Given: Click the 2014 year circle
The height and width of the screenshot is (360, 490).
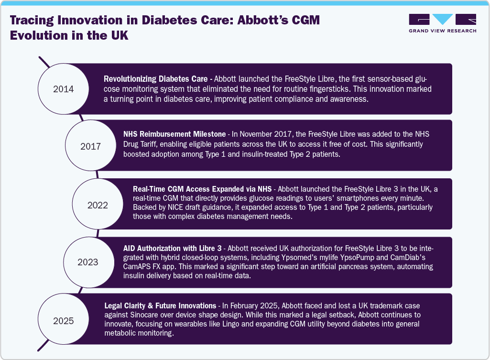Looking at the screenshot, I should pyautogui.click(x=64, y=89).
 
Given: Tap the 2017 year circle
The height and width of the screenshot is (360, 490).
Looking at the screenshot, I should pyautogui.click(x=90, y=146).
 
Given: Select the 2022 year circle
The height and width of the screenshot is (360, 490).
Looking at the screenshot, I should pyautogui.click(x=98, y=206).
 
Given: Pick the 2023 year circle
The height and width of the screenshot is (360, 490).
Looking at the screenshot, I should pyautogui.click(x=88, y=262).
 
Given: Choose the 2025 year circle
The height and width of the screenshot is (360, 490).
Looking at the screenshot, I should pyautogui.click(x=64, y=320).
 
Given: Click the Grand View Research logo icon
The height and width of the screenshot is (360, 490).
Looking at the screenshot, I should pyautogui.click(x=442, y=20).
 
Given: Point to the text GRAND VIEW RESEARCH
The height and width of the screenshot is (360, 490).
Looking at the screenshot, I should pyautogui.click(x=442, y=31).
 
